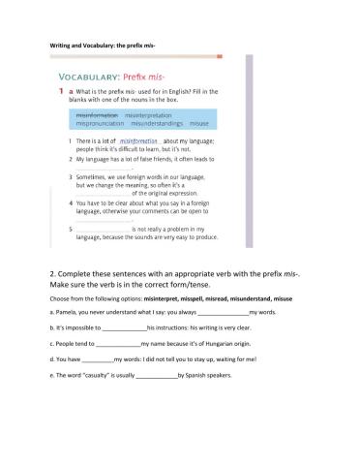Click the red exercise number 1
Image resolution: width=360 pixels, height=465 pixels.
pyautogui.click(x=57, y=91)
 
